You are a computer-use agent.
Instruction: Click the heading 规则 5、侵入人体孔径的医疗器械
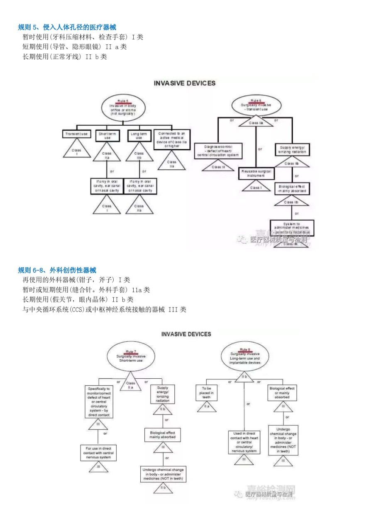click(67, 27)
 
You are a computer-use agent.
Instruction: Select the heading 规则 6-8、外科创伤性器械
click(57, 270)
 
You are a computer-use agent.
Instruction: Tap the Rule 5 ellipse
click(122, 107)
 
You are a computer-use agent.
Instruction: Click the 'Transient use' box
click(77, 134)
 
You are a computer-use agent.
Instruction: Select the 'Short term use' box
click(107, 136)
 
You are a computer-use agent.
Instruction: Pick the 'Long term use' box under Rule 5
click(139, 136)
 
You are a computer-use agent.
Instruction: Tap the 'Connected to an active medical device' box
click(172, 138)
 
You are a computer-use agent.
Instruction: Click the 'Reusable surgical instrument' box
click(256, 173)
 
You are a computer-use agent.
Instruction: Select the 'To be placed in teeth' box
click(206, 392)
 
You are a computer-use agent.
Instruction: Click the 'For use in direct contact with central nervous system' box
click(99, 453)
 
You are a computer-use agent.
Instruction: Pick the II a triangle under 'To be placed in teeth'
click(206, 408)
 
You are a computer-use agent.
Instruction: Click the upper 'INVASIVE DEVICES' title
click(185, 83)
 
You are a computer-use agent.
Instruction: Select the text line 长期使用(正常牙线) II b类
click(65, 57)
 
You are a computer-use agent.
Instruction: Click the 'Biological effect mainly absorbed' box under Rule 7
click(163, 435)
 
